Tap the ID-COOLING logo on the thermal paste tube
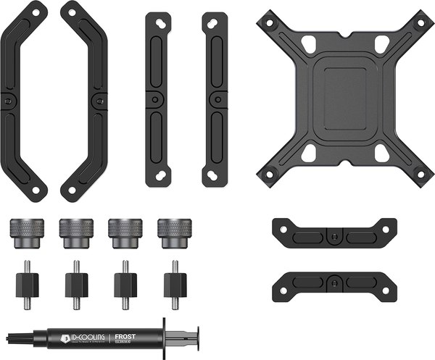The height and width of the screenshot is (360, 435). tap(82, 337)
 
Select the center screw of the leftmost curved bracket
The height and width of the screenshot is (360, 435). tap(8, 101)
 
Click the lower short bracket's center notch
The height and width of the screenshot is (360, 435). tap(332, 280)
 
